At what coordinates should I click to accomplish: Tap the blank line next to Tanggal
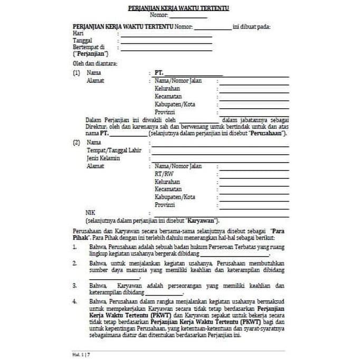(x=166, y=41)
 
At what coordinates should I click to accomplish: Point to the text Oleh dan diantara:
(x=96, y=64)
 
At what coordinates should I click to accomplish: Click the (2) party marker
(x=77, y=143)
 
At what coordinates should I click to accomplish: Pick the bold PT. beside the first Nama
(x=159, y=72)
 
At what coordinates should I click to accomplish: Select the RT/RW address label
(x=164, y=174)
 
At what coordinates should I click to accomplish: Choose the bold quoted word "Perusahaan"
(x=268, y=134)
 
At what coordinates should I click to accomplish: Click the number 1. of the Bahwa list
(x=75, y=247)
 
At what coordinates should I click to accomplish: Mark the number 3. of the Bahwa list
(x=75, y=286)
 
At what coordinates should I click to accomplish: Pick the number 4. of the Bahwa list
(x=75, y=301)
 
